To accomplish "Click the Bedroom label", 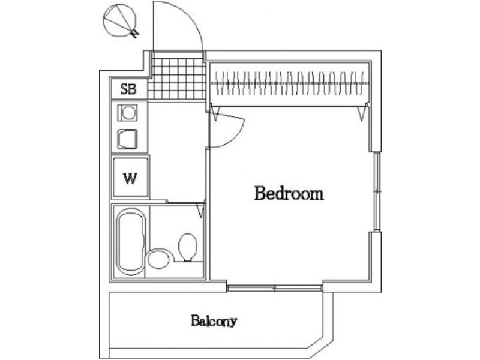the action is coord(289,193).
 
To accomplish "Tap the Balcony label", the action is coord(214,321).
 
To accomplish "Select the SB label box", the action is coord(129,88).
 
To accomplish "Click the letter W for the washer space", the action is coord(130,178).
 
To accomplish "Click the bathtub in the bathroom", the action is coord(130,242).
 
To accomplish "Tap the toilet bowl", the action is coord(187,247).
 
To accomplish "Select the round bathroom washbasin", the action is coord(158,259).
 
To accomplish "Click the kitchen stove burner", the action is coord(128,113).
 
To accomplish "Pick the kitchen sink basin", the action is coord(127,139).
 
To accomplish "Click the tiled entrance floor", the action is coord(177,79).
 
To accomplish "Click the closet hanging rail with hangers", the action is coord(290,83).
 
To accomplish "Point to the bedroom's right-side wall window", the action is coord(377,191).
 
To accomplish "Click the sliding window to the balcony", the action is coord(275,288).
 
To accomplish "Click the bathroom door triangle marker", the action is coord(201,211).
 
